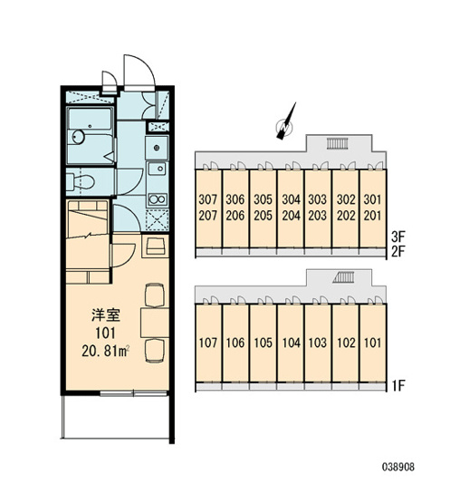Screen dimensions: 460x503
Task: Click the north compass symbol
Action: pos(286,124)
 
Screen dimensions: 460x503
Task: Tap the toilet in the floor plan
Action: pos(81,182)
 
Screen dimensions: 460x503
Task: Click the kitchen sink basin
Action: pos(157,169)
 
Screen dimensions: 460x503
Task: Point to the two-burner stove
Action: pos(157,199)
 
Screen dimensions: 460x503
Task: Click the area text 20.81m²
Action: pos(105,352)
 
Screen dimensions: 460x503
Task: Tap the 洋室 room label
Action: pos(106,315)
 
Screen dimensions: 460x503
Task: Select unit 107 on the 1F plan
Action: pos(208,343)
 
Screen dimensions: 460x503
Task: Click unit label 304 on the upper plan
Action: pos(291,199)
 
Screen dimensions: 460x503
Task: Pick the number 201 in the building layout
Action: pos(372,216)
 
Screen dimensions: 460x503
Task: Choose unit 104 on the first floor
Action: pos(291,343)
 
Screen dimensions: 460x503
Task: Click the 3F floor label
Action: pos(398,237)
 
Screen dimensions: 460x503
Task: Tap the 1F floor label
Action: pos(398,385)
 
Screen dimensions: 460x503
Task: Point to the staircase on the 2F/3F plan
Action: pos(337,143)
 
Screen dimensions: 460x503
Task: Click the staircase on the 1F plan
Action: pos(343,277)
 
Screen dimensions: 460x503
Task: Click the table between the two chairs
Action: pos(155,323)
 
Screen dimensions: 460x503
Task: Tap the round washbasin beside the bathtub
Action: pos(78,137)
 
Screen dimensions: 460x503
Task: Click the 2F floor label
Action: pos(398,252)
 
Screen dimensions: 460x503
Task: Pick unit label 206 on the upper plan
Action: pos(235,216)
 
